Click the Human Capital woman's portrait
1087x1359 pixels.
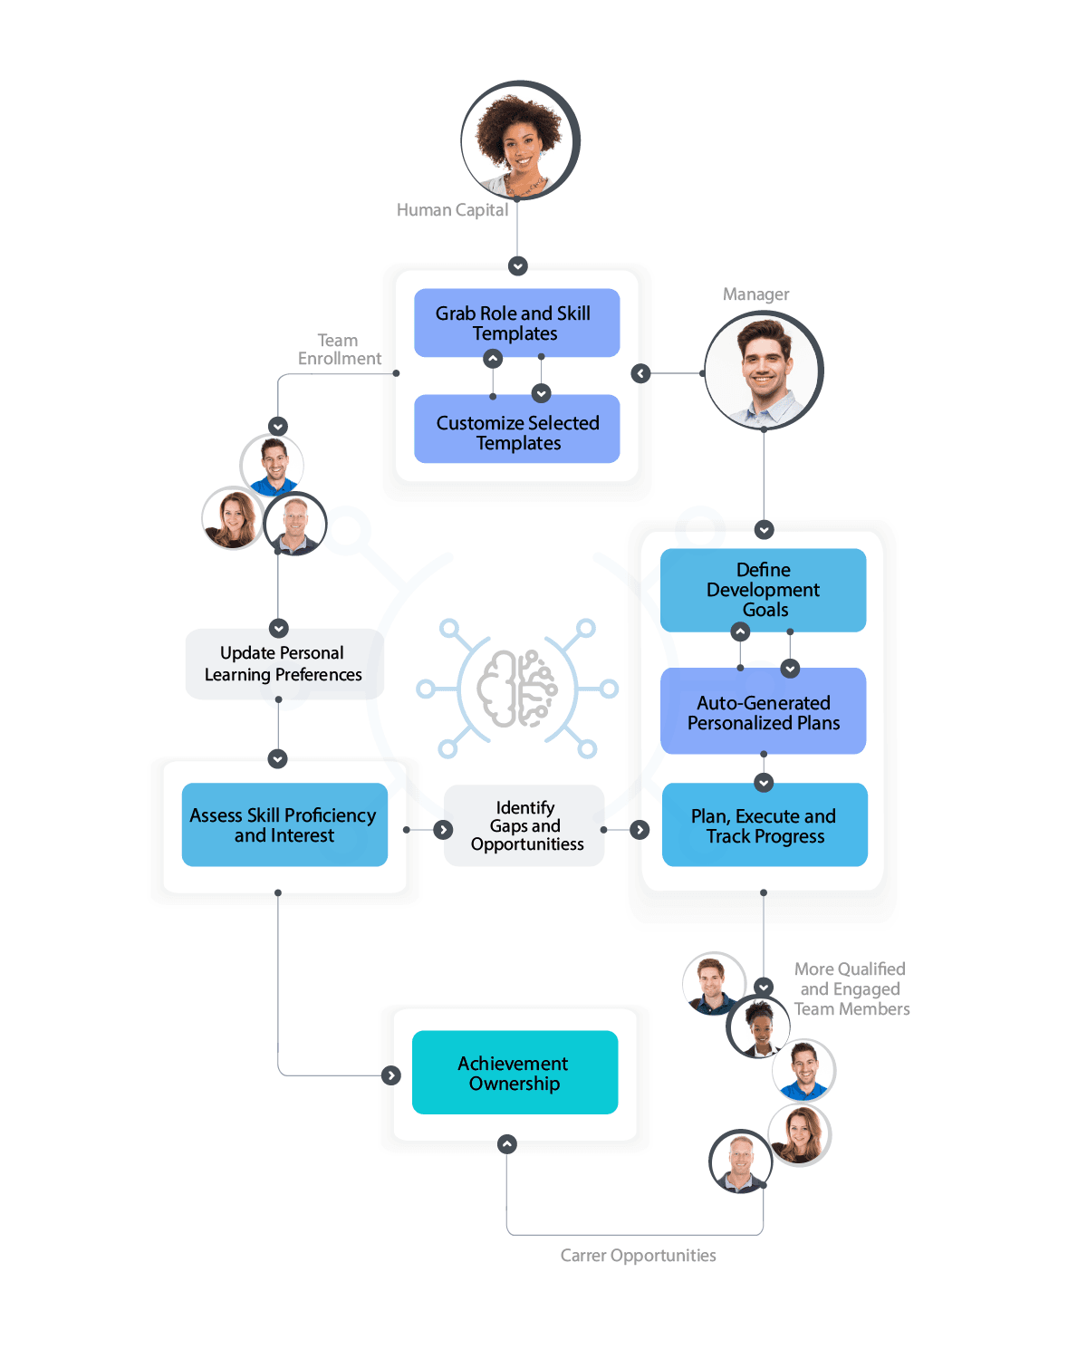tap(519, 140)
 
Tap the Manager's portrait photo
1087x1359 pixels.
tap(763, 370)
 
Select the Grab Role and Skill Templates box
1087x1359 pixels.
tap(516, 323)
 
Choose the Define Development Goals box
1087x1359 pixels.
tap(763, 589)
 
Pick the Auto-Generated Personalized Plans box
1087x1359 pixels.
tap(763, 712)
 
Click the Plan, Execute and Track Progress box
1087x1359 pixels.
tap(765, 824)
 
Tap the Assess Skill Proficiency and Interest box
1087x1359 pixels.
tap(284, 824)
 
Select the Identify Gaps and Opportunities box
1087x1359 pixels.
tap(525, 825)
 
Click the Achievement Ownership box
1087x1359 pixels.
tap(515, 1073)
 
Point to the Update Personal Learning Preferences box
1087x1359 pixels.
tap(284, 663)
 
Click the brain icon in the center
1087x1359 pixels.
tap(517, 689)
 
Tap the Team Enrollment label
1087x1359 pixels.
tap(339, 350)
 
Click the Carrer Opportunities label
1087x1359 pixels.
tap(638, 1256)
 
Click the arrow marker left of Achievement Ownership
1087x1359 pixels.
tap(391, 1075)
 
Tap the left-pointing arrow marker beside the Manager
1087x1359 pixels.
tap(641, 373)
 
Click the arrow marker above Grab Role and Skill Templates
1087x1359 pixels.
tap(518, 266)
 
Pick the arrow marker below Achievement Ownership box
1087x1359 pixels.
tap(507, 1144)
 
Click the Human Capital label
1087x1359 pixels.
tap(452, 210)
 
